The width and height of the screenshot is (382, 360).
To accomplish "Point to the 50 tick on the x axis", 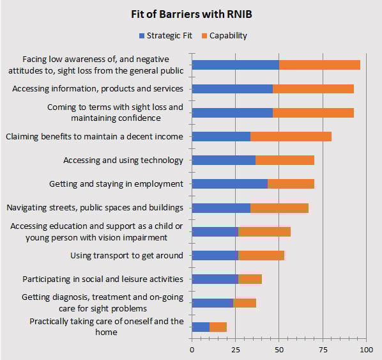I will (x=279, y=350).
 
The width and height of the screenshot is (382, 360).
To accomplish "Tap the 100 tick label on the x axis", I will (x=366, y=350).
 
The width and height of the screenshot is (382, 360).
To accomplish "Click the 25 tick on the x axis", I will (x=235, y=350).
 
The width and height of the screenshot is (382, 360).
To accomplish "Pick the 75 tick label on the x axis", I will (x=323, y=350).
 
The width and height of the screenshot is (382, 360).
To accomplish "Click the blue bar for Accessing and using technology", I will (x=224, y=160).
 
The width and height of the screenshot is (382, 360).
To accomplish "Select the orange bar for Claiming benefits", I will (x=291, y=136).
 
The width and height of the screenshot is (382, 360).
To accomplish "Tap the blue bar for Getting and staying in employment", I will (x=229, y=184).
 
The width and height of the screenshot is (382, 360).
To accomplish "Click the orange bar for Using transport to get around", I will (x=261, y=255).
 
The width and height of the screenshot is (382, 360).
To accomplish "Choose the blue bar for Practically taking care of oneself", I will (x=201, y=327).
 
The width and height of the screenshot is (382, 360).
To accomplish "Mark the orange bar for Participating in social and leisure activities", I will (x=250, y=279).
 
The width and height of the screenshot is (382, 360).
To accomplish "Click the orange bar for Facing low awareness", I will (x=319, y=65).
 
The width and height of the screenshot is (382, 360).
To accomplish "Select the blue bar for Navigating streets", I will (x=221, y=207).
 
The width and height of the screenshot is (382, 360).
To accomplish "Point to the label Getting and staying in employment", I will (x=116, y=184).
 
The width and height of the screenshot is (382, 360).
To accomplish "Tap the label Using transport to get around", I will (x=126, y=255).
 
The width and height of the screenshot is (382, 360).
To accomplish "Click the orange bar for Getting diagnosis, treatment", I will (x=245, y=302).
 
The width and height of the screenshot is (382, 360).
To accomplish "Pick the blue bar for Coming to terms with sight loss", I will (x=232, y=113).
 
